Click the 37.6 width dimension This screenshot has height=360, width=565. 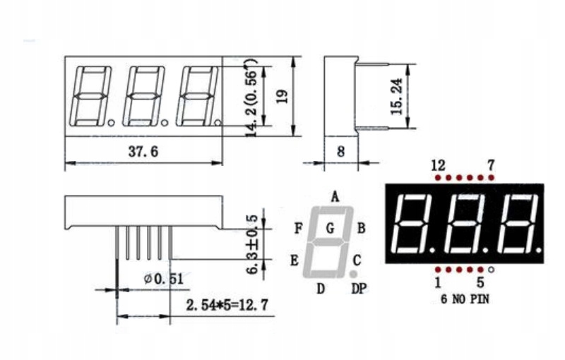[143, 152]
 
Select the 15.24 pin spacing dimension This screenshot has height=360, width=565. [397, 96]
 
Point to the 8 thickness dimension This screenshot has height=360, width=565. [341, 152]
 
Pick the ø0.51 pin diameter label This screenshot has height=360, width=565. [164, 279]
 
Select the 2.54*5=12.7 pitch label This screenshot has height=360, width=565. [227, 305]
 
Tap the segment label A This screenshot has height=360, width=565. [335, 197]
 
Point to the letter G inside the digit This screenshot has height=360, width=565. [330, 228]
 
